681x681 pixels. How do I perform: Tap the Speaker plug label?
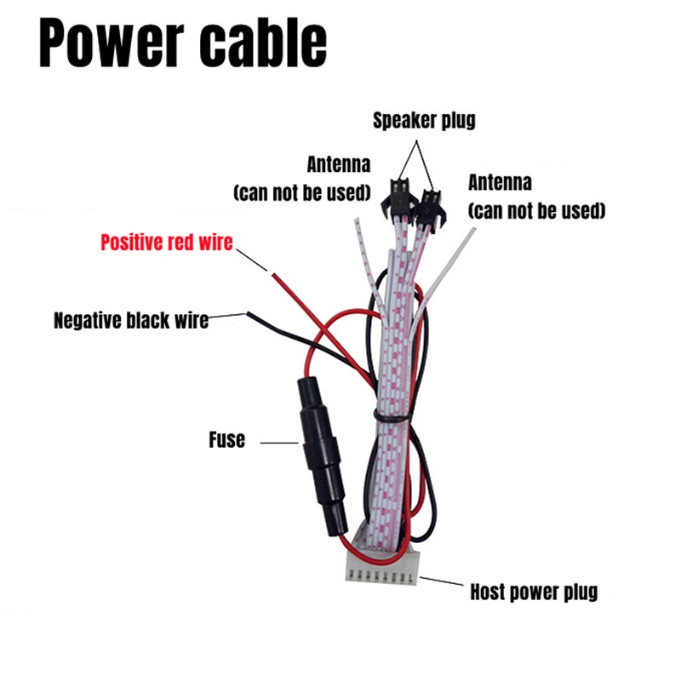click(424, 120)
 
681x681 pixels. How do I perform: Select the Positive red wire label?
click(166, 242)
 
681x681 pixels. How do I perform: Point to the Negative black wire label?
click(130, 321)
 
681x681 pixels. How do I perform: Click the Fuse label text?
click(226, 440)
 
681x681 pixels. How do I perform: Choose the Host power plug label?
click(534, 591)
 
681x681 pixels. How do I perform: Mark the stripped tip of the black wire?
click(250, 316)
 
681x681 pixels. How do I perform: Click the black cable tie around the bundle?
click(400, 413)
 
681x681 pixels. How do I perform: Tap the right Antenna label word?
click(500, 182)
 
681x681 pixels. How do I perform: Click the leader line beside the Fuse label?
click(277, 442)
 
